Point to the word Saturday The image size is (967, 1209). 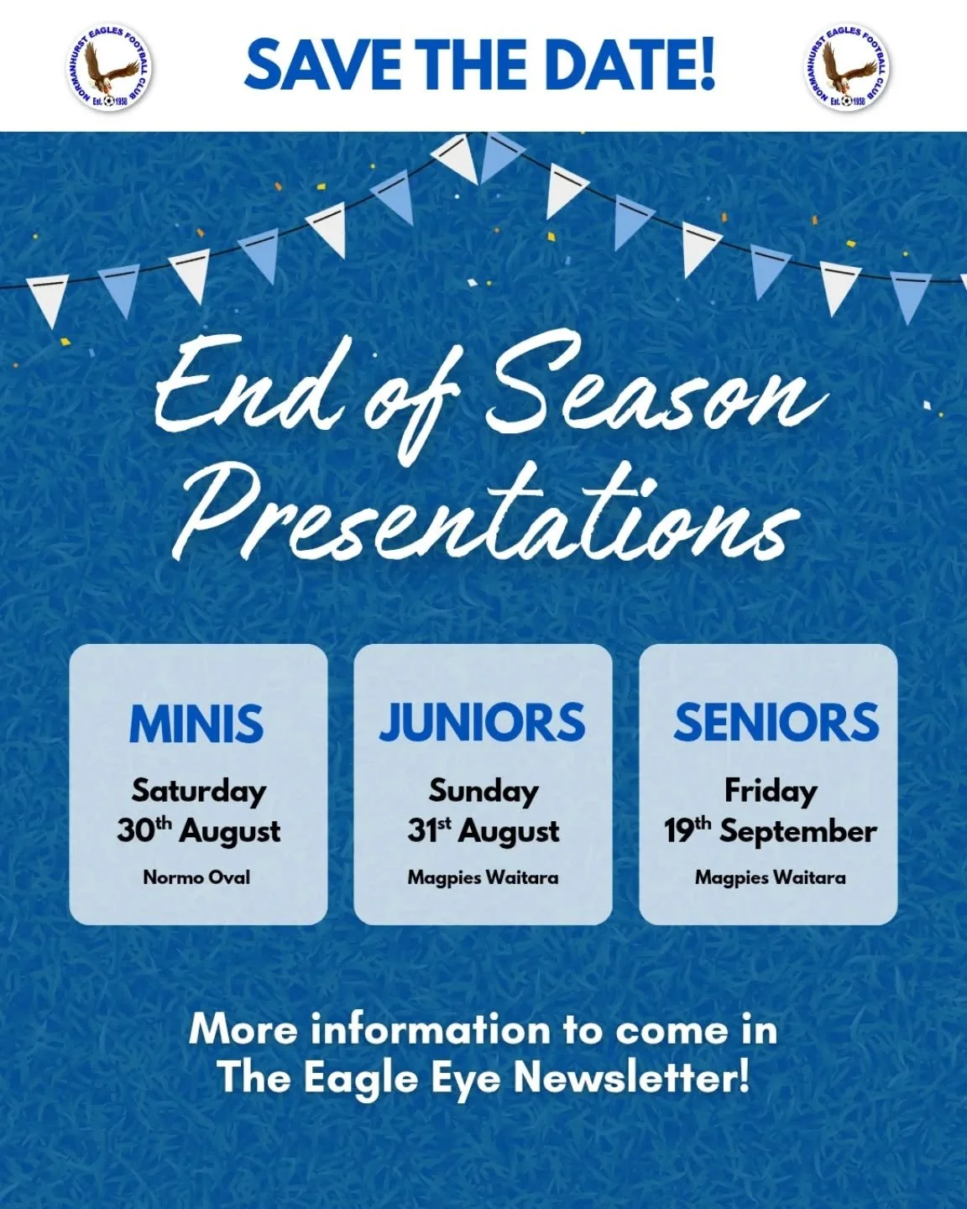[199, 791]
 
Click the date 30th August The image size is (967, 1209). [199, 831]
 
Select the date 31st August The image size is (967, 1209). [483, 831]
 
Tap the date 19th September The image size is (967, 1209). [770, 831]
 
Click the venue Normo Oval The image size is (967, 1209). [196, 878]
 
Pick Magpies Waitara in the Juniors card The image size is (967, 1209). [483, 878]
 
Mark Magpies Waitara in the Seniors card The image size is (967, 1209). [770, 878]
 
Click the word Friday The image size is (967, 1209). [770, 791]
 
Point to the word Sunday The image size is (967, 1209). [483, 791]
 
